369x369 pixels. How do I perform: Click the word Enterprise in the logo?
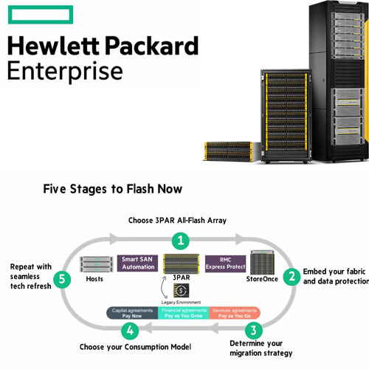tap(65, 72)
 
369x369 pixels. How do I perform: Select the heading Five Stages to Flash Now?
tap(113, 189)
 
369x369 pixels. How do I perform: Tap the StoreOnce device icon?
tap(263, 261)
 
